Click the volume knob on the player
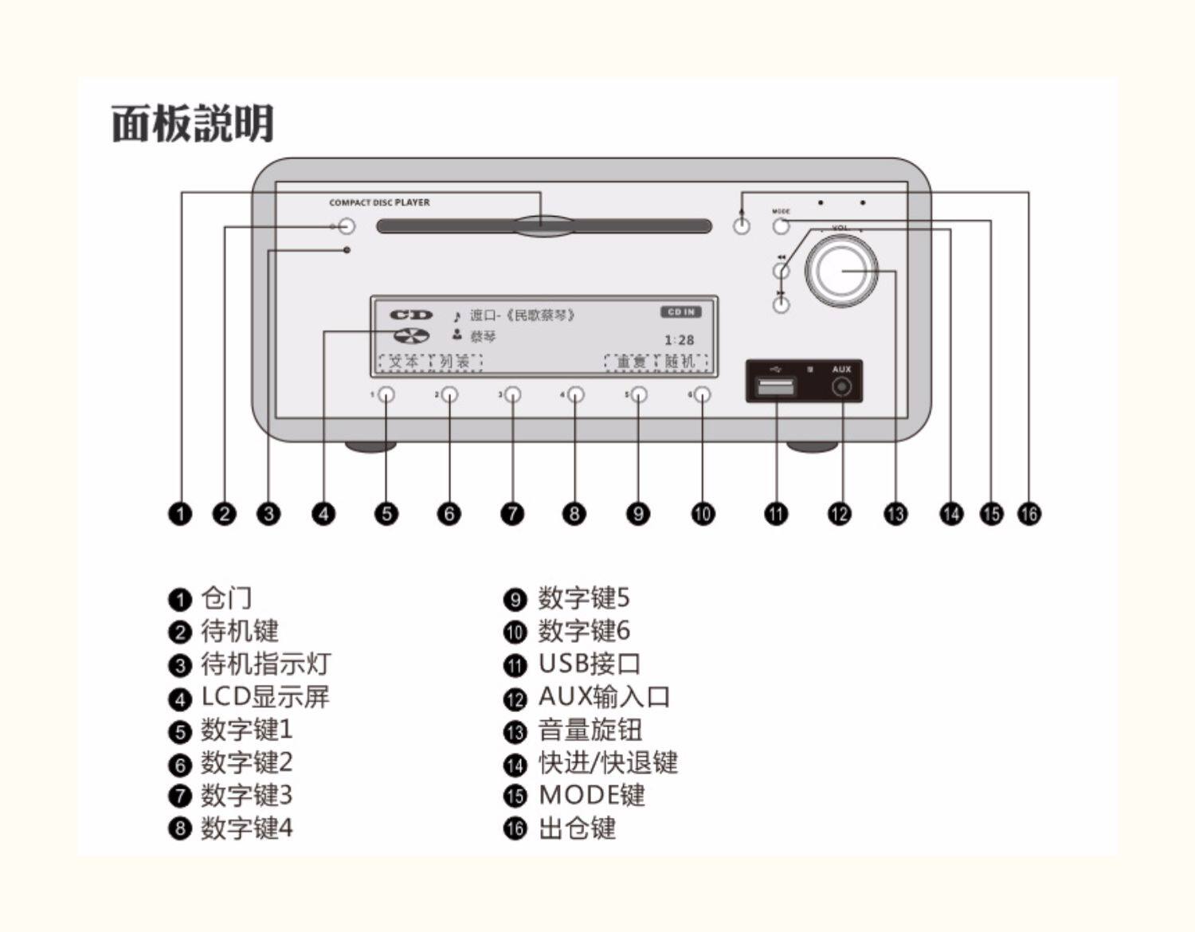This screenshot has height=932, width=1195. click(x=841, y=270)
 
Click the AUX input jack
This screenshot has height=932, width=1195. click(x=841, y=388)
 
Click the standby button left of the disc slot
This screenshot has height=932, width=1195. click(x=346, y=226)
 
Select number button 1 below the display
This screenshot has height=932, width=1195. click(x=386, y=394)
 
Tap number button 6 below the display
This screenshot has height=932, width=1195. click(x=701, y=394)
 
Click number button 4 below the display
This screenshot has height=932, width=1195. click(x=575, y=394)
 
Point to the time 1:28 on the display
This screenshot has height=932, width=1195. click(x=679, y=340)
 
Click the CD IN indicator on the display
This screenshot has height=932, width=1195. click(x=680, y=312)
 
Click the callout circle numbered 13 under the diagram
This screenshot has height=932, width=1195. click(x=895, y=514)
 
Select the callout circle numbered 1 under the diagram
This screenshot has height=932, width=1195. click(x=181, y=514)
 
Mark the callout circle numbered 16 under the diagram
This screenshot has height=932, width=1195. click(x=1029, y=514)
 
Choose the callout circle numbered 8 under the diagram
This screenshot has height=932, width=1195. click(x=574, y=514)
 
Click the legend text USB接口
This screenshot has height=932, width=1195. click(x=590, y=664)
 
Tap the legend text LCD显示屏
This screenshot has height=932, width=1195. click(x=264, y=697)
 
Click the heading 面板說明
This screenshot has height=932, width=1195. click(x=193, y=123)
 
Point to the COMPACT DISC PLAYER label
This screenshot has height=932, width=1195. click(x=379, y=203)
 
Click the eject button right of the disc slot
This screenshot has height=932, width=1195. click(x=742, y=225)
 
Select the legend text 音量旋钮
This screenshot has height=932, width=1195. click(x=590, y=730)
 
